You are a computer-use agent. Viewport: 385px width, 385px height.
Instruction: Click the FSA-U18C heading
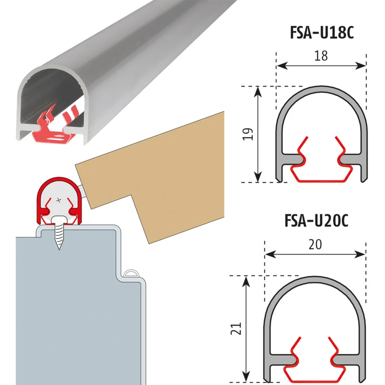click(x=321, y=33)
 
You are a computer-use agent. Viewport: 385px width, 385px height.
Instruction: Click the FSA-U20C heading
click(x=316, y=221)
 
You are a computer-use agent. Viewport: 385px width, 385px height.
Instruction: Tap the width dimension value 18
click(x=321, y=56)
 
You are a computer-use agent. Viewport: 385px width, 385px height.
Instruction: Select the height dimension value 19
click(x=248, y=134)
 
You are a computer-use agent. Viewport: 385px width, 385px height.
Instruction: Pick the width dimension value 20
click(x=315, y=244)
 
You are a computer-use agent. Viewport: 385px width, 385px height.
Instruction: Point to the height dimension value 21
click(x=236, y=328)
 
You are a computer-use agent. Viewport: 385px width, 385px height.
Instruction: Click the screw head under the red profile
click(x=59, y=219)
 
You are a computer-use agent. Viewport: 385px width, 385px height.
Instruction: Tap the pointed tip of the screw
click(x=59, y=249)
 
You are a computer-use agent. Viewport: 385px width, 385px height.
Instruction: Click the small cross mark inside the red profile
click(x=59, y=200)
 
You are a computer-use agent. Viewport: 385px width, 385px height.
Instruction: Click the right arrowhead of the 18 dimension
click(x=360, y=65)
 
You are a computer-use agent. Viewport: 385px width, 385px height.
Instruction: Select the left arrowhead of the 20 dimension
click(x=270, y=255)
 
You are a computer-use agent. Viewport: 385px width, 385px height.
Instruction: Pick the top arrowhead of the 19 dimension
click(x=257, y=91)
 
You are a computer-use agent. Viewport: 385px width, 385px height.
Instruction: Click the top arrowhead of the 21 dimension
click(x=246, y=281)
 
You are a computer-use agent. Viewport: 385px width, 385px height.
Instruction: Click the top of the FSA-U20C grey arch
click(x=315, y=279)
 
